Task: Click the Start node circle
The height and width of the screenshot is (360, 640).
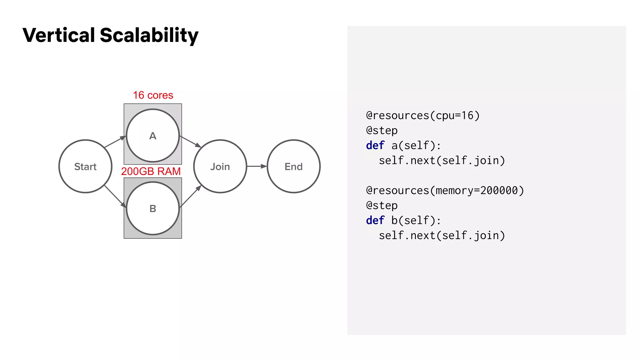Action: [x=85, y=166]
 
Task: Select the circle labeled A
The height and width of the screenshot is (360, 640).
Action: [x=152, y=136]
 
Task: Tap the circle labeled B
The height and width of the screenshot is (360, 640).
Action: [x=152, y=208]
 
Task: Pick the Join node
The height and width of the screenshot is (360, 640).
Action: [x=220, y=166]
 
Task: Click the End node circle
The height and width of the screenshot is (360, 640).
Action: [x=293, y=166]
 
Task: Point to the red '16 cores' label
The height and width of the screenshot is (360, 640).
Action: [x=153, y=95]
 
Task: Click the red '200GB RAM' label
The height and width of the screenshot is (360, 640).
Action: [x=151, y=171]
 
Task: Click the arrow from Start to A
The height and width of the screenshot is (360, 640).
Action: [x=115, y=142]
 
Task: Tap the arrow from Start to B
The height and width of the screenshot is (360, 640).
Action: [x=115, y=196]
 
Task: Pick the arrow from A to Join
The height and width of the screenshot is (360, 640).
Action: [x=190, y=142]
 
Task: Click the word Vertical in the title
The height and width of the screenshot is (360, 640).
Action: [x=58, y=35]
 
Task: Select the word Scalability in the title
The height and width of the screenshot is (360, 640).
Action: [x=149, y=36]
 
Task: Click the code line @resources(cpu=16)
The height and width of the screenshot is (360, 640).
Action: [x=422, y=116]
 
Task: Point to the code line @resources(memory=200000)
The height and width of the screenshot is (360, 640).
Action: [x=445, y=191]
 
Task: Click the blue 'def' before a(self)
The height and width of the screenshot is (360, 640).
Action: [x=375, y=146]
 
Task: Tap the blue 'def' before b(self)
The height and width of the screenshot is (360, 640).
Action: [x=375, y=221]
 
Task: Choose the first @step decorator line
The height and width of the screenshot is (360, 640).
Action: [x=382, y=131]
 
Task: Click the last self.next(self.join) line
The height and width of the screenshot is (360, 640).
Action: [x=442, y=236]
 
